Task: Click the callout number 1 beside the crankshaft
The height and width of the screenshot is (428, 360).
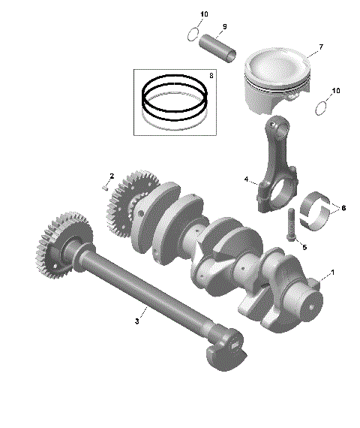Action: click(x=333, y=271)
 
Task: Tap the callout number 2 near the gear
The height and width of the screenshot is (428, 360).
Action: click(x=112, y=176)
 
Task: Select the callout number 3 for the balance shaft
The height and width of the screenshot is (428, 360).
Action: click(x=136, y=321)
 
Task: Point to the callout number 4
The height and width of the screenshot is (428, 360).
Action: click(x=245, y=179)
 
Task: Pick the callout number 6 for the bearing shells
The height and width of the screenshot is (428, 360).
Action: click(x=343, y=207)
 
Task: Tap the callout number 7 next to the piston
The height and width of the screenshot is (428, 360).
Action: click(x=320, y=47)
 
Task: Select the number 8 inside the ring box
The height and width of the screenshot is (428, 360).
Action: click(x=211, y=76)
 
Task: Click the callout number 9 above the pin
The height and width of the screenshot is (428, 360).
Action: click(x=223, y=27)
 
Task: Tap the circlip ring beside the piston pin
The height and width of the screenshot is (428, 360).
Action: click(x=193, y=34)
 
